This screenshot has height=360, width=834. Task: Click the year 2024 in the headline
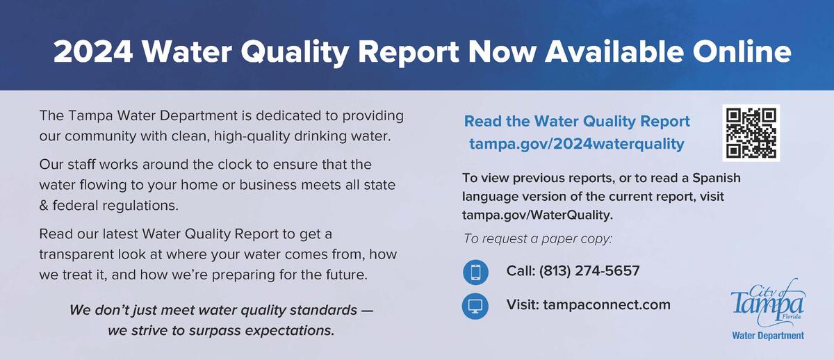pos(93,51)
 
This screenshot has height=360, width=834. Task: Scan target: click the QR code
pos(751,133)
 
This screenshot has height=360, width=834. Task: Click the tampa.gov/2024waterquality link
pos(577,144)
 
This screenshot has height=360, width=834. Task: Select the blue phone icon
pos(475,272)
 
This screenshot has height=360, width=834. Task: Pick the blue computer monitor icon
pos(475,306)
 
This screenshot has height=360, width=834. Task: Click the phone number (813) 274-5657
pos(589,270)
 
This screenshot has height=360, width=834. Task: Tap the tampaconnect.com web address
pos(607,305)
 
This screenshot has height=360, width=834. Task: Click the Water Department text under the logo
pos(768,336)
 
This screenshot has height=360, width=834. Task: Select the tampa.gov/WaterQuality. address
pos(537,215)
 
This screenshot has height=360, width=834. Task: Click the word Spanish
pos(717,178)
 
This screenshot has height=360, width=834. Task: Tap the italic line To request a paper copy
pos(538,238)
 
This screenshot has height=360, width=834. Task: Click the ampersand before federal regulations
pos(44,206)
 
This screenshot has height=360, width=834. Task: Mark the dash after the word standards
pos(367,310)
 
